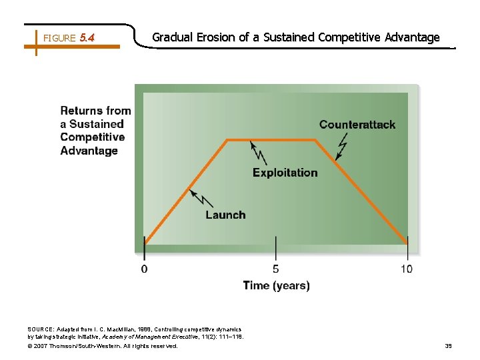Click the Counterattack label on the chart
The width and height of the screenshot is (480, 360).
click(357, 125)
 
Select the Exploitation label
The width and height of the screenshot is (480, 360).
click(285, 173)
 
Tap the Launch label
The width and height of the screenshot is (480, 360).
click(225, 215)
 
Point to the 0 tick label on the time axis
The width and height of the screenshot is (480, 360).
click(144, 269)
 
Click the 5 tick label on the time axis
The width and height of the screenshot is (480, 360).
click(276, 269)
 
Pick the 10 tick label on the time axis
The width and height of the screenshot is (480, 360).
click(407, 269)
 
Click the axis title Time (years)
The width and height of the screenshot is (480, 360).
click(276, 286)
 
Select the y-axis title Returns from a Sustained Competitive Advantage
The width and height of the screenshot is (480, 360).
click(95, 131)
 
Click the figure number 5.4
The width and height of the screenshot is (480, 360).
click(87, 38)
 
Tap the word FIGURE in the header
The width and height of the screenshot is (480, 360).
click(59, 39)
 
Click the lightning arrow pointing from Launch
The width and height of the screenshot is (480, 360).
click(201, 198)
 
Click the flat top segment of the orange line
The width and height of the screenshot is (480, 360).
click(272, 140)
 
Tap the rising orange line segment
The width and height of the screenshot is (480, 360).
click(187, 190)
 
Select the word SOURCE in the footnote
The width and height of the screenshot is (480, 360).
click(42, 329)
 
